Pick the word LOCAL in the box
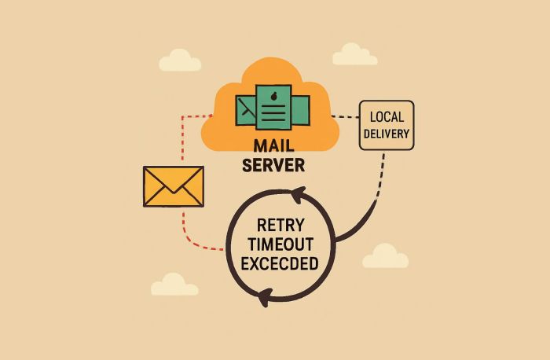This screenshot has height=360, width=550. pos(386,116)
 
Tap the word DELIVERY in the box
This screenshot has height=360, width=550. pos(386,134)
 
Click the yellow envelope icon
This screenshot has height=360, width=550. pos(174,186)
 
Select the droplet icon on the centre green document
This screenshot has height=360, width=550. pos(273,97)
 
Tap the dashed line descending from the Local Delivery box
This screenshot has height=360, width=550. pos(381,173)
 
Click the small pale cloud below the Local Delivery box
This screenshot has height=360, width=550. pos(385,256)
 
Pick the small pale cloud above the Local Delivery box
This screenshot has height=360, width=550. pos(354,54)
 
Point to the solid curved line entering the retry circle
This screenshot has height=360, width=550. pos(357,223)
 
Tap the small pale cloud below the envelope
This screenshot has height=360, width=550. pos(174,285)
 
